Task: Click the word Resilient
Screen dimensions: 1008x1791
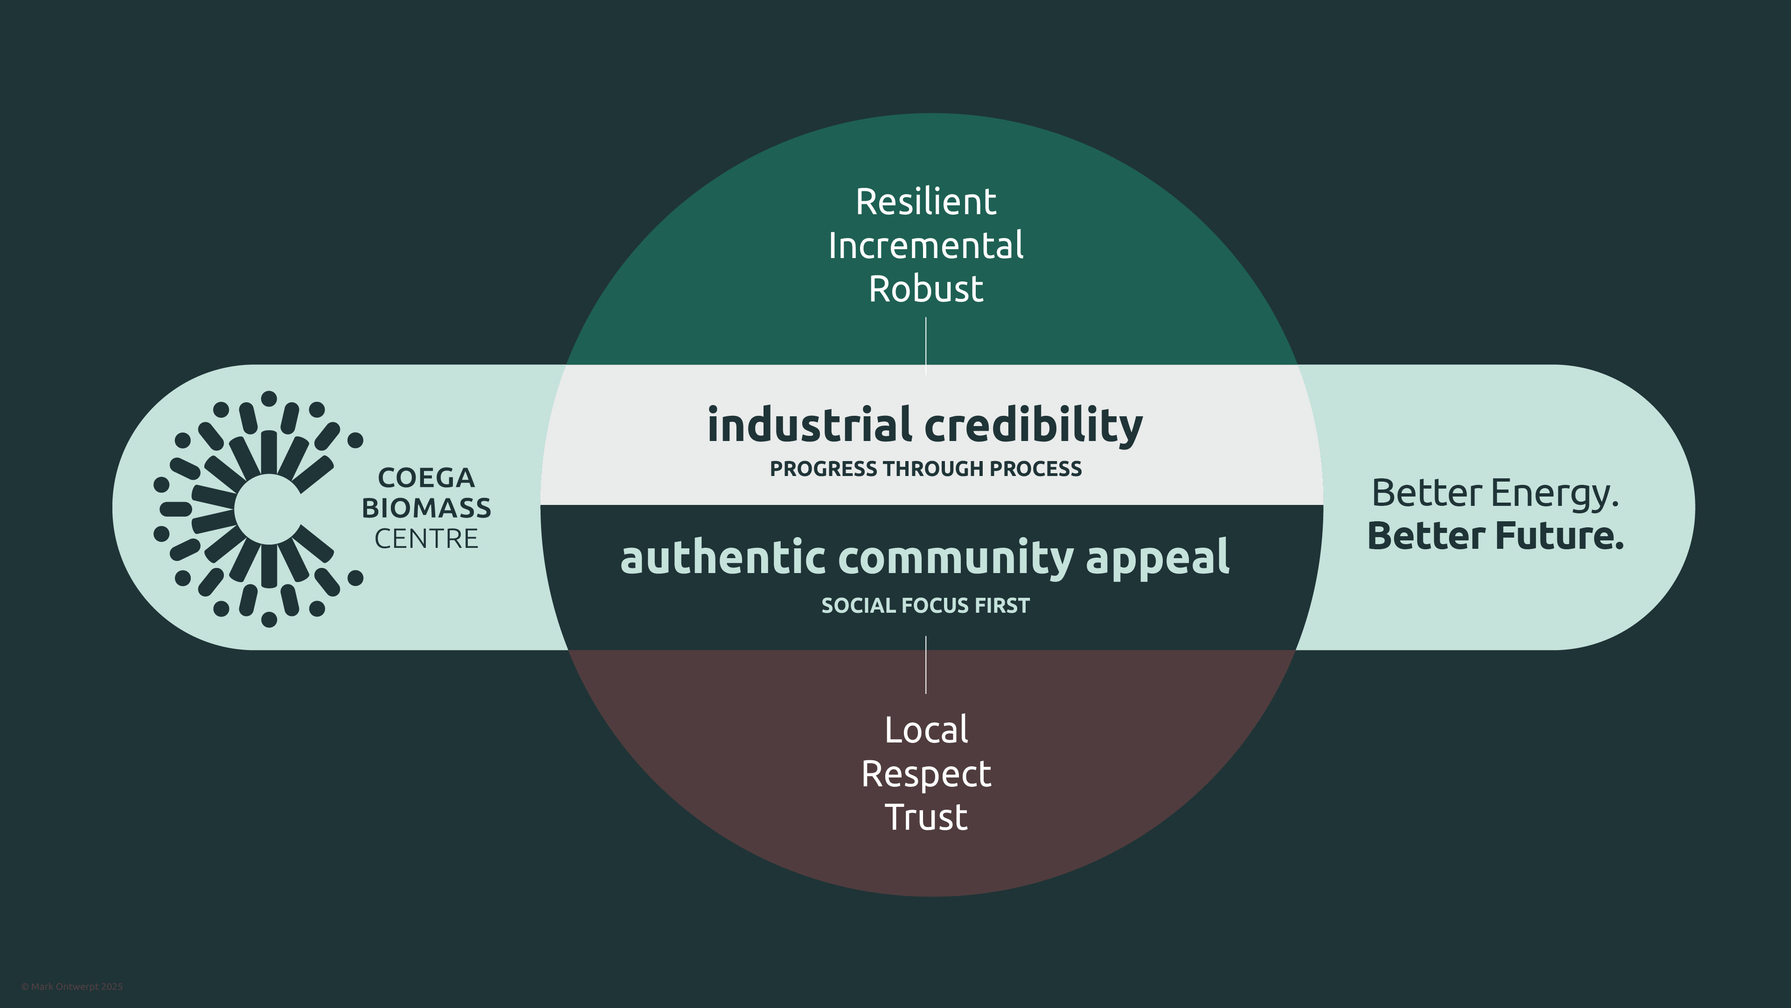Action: coord(925,203)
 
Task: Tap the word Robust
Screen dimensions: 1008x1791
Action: coord(925,289)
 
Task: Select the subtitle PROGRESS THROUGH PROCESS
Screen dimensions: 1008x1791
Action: coord(925,469)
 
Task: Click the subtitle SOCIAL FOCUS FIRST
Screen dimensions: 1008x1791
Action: coord(925,606)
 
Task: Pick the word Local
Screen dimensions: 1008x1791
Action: coord(925,730)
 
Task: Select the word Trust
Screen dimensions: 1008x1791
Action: coord(925,818)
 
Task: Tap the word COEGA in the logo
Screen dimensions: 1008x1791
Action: coord(426,478)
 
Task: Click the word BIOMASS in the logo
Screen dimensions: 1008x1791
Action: coord(426,509)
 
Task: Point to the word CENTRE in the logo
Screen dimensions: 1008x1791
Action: coord(426,539)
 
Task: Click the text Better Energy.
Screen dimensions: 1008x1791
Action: coord(1495,494)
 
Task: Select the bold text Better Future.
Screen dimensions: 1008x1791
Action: coord(1495,536)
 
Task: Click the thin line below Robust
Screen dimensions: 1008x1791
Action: coord(925,344)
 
